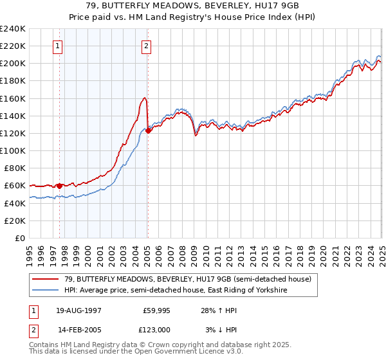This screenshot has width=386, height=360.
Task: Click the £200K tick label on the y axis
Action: pos(12,64)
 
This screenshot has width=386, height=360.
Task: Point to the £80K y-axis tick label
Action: pos(14,168)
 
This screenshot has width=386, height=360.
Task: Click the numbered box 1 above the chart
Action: pos(58,46)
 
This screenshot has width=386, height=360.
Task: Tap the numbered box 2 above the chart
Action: pos(147,46)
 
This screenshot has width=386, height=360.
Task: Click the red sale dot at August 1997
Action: pos(60,186)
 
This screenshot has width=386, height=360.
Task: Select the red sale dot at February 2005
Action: pos(148,130)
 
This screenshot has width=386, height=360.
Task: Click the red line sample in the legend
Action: pos(46,279)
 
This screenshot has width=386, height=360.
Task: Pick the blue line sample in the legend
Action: pos(46,291)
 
